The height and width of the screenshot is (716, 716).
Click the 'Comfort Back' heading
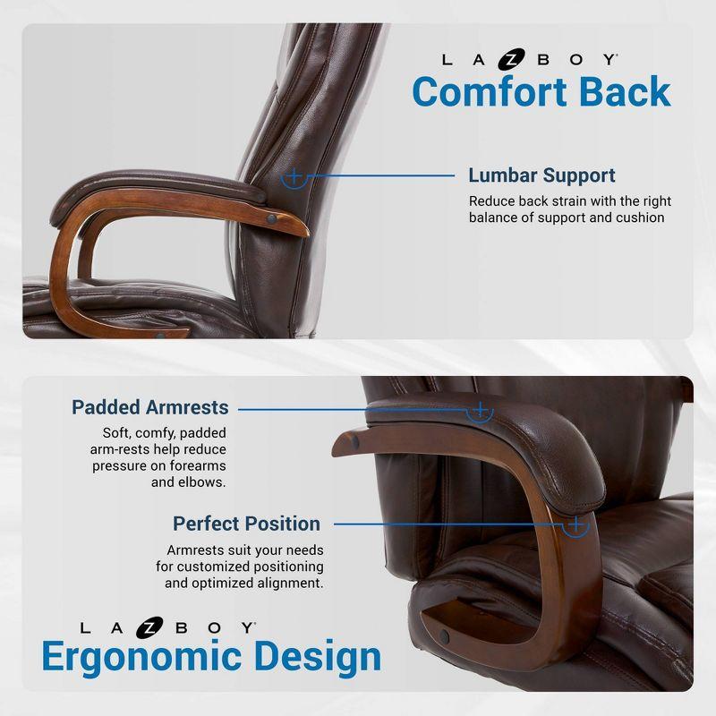pyautogui.click(x=541, y=92)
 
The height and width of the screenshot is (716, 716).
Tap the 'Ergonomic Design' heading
pyautogui.click(x=211, y=657)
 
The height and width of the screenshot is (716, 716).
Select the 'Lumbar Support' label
pyautogui.click(x=541, y=175)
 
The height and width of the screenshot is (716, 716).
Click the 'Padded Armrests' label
pyautogui.click(x=150, y=407)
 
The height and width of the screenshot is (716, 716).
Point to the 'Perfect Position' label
pyautogui.click(x=246, y=524)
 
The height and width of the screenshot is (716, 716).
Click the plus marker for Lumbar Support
pyautogui.click(x=293, y=176)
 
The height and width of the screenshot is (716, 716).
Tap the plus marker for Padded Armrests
pyautogui.click(x=481, y=410)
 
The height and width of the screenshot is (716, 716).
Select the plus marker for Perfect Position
pyautogui.click(x=576, y=524)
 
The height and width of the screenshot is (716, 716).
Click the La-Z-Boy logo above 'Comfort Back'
pyautogui.click(x=530, y=60)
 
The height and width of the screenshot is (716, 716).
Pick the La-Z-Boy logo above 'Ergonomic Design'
pyautogui.click(x=168, y=627)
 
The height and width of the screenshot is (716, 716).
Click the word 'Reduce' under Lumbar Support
pyautogui.click(x=490, y=201)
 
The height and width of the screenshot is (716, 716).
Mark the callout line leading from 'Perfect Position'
pyautogui.click(x=447, y=524)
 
